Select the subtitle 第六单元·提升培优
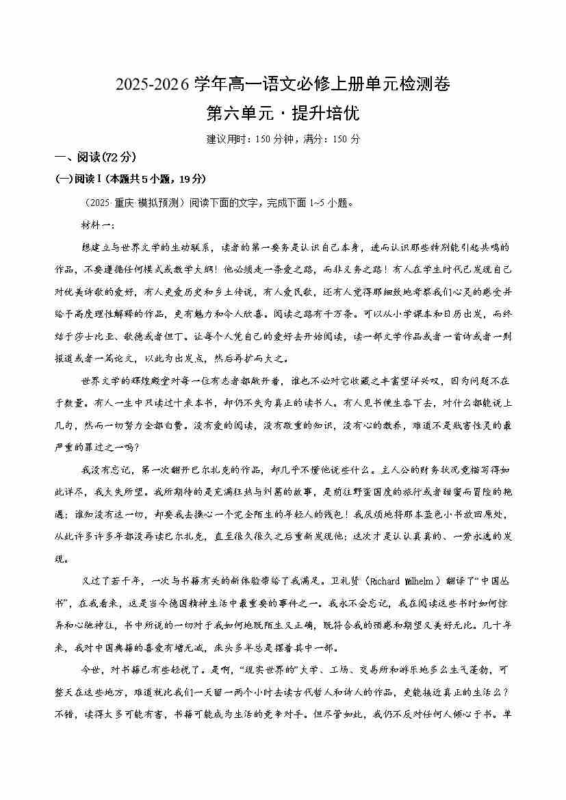pos(282,112)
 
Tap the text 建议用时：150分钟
pos(244,139)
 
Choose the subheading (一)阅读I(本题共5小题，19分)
pos(130,179)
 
